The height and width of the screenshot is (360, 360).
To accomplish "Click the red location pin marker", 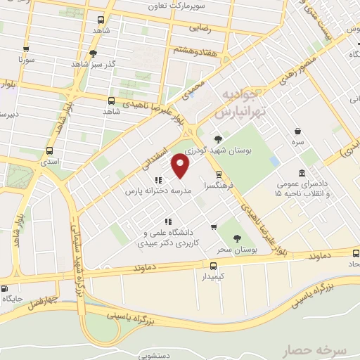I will (x=181, y=166).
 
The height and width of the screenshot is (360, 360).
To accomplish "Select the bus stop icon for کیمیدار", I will (x=214, y=264).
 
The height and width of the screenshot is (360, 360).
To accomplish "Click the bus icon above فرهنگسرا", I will (x=219, y=174).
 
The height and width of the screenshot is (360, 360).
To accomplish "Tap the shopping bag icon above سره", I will (x=298, y=131).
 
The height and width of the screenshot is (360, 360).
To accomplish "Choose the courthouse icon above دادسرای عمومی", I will (x=302, y=174).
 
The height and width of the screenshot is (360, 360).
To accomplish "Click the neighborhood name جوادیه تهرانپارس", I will (x=240, y=103).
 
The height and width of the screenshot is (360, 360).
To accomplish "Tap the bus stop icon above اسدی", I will (x=49, y=150).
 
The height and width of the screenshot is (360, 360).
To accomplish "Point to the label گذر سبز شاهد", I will (x=96, y=65).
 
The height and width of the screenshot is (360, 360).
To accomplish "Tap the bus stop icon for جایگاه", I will (x=5, y=288).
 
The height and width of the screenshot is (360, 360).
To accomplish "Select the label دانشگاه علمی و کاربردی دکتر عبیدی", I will (x=176, y=235).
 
